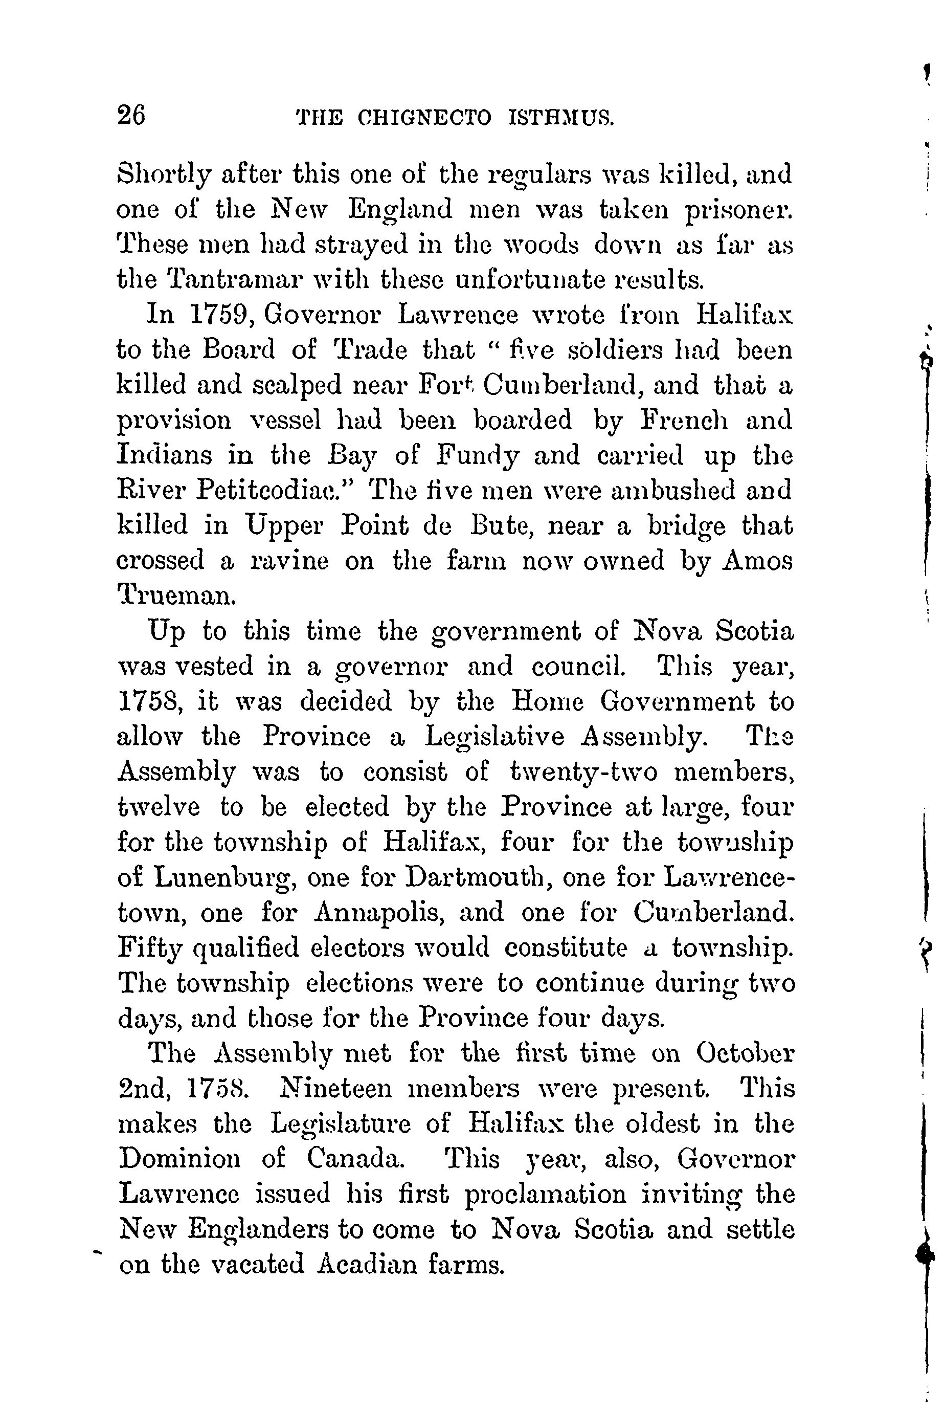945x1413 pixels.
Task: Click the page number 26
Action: (x=131, y=115)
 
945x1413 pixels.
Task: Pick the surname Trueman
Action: (x=176, y=595)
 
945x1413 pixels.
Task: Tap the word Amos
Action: (x=757, y=561)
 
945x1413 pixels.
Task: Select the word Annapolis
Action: (x=379, y=913)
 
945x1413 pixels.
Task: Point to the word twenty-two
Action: (x=583, y=772)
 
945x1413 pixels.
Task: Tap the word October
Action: (x=745, y=1053)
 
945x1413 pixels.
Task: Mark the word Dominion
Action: (x=180, y=1159)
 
